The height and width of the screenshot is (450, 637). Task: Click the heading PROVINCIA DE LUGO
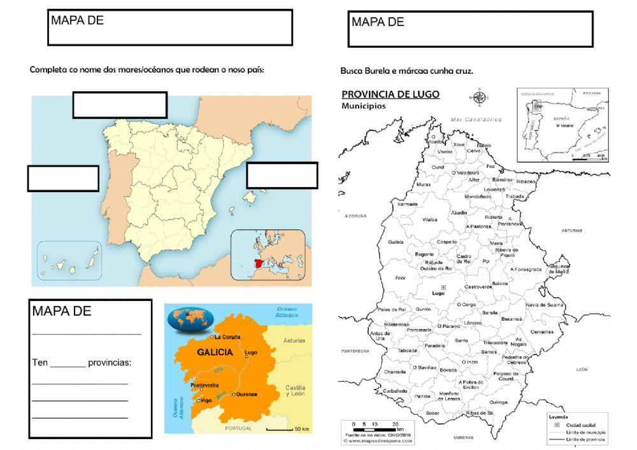point(390,94)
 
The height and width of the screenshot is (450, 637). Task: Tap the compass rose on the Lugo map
point(478,97)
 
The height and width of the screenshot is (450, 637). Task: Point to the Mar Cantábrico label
point(475,119)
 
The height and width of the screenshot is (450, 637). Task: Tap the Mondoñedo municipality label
point(478,197)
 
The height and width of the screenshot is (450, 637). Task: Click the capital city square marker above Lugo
point(445,287)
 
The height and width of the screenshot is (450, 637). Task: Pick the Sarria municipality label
point(462,340)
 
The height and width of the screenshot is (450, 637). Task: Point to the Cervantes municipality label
point(542,332)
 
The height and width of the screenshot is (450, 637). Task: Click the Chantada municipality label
point(395,372)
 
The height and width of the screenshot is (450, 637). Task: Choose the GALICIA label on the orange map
point(215,351)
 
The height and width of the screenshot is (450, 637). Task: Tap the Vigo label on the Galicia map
point(205,400)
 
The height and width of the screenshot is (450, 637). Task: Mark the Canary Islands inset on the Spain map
point(69,260)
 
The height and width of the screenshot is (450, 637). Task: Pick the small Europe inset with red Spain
point(268,255)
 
